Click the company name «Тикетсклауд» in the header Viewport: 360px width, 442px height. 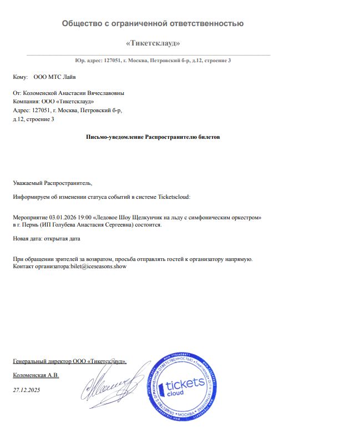click(x=153, y=43)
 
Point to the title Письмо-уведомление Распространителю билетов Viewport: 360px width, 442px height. click(x=153, y=137)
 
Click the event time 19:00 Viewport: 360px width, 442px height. click(x=84, y=217)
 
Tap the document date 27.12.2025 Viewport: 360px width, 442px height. click(x=26, y=390)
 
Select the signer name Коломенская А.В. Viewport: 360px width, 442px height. click(x=36, y=375)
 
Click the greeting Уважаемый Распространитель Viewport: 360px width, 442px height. click(x=52, y=182)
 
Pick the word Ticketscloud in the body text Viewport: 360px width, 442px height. click(x=174, y=196)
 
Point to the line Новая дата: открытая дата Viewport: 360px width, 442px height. click(x=47, y=239)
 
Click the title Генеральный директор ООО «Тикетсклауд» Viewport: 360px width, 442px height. click(x=69, y=361)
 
